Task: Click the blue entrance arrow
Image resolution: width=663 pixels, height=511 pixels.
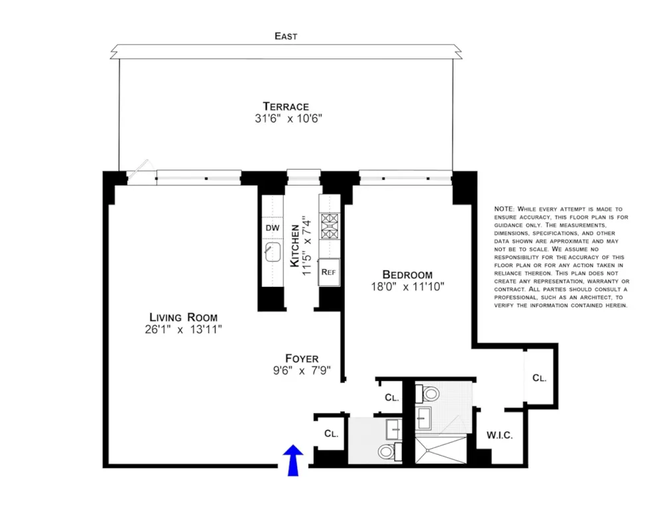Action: click(x=293, y=460)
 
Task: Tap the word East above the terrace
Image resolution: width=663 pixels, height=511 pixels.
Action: click(x=286, y=36)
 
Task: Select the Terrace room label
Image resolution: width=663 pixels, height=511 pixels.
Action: click(x=286, y=106)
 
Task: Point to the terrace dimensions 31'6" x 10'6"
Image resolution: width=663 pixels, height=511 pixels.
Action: click(x=288, y=119)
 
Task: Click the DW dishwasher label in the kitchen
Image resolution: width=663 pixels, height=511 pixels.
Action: click(x=272, y=228)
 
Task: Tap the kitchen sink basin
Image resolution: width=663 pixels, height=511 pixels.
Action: click(x=272, y=252)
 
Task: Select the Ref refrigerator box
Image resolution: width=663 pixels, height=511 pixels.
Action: click(x=329, y=272)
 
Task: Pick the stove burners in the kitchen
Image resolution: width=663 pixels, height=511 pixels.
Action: click(x=330, y=227)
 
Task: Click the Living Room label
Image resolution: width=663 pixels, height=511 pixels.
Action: click(x=184, y=317)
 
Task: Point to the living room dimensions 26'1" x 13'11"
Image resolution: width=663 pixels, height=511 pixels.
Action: click(x=184, y=329)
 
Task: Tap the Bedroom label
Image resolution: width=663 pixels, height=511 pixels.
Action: click(x=407, y=275)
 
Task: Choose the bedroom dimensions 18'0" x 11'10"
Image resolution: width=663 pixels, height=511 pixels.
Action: click(x=408, y=287)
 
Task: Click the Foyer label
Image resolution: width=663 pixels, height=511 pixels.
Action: click(x=302, y=359)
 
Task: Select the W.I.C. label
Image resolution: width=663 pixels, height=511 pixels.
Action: click(x=499, y=435)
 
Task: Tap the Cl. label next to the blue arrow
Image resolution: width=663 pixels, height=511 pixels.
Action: click(x=331, y=433)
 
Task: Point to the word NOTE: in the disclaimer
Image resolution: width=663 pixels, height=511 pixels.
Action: click(x=505, y=209)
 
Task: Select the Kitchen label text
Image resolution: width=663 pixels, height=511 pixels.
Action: click(x=295, y=247)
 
